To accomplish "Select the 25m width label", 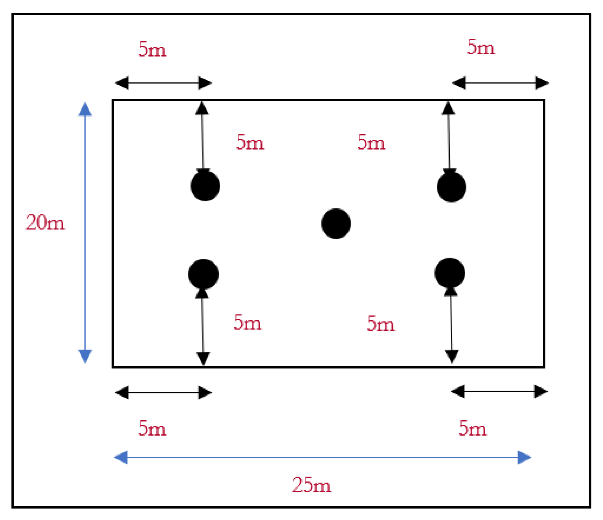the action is click(x=312, y=485).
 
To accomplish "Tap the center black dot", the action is click(x=336, y=223).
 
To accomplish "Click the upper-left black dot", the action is click(x=205, y=186).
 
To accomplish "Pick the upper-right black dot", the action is click(x=451, y=187).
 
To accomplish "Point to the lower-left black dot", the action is click(x=203, y=274).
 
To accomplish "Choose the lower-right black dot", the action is click(x=450, y=273).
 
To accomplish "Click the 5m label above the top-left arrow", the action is click(x=152, y=50).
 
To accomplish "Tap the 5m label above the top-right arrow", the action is click(x=481, y=47).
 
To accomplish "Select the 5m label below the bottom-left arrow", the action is click(x=152, y=428).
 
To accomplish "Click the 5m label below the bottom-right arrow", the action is click(x=472, y=428).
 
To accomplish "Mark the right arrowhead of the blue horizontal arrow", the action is click(x=525, y=457).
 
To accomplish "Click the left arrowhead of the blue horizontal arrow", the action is click(x=121, y=457).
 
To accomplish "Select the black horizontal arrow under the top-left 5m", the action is click(x=163, y=83).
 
